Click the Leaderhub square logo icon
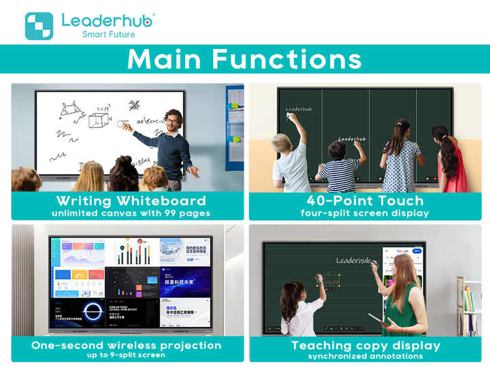point(39,26)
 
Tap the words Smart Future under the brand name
point(108,34)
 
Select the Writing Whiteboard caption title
point(131,201)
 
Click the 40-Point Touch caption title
point(365,201)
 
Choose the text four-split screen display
point(365,213)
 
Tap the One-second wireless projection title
point(127,345)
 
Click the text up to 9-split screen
point(127,355)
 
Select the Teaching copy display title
point(365,345)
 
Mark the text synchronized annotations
point(365,356)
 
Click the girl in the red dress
point(450,163)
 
